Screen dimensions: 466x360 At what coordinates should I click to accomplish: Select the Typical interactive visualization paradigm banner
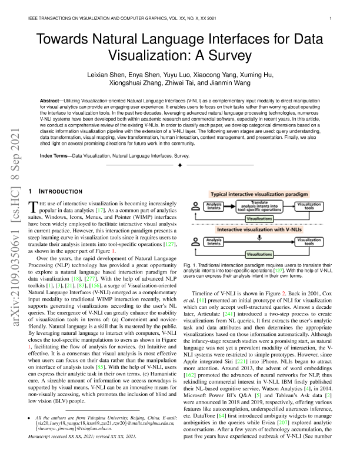coord(261,194)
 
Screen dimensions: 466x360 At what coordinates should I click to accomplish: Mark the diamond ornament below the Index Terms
coord(180,168)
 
